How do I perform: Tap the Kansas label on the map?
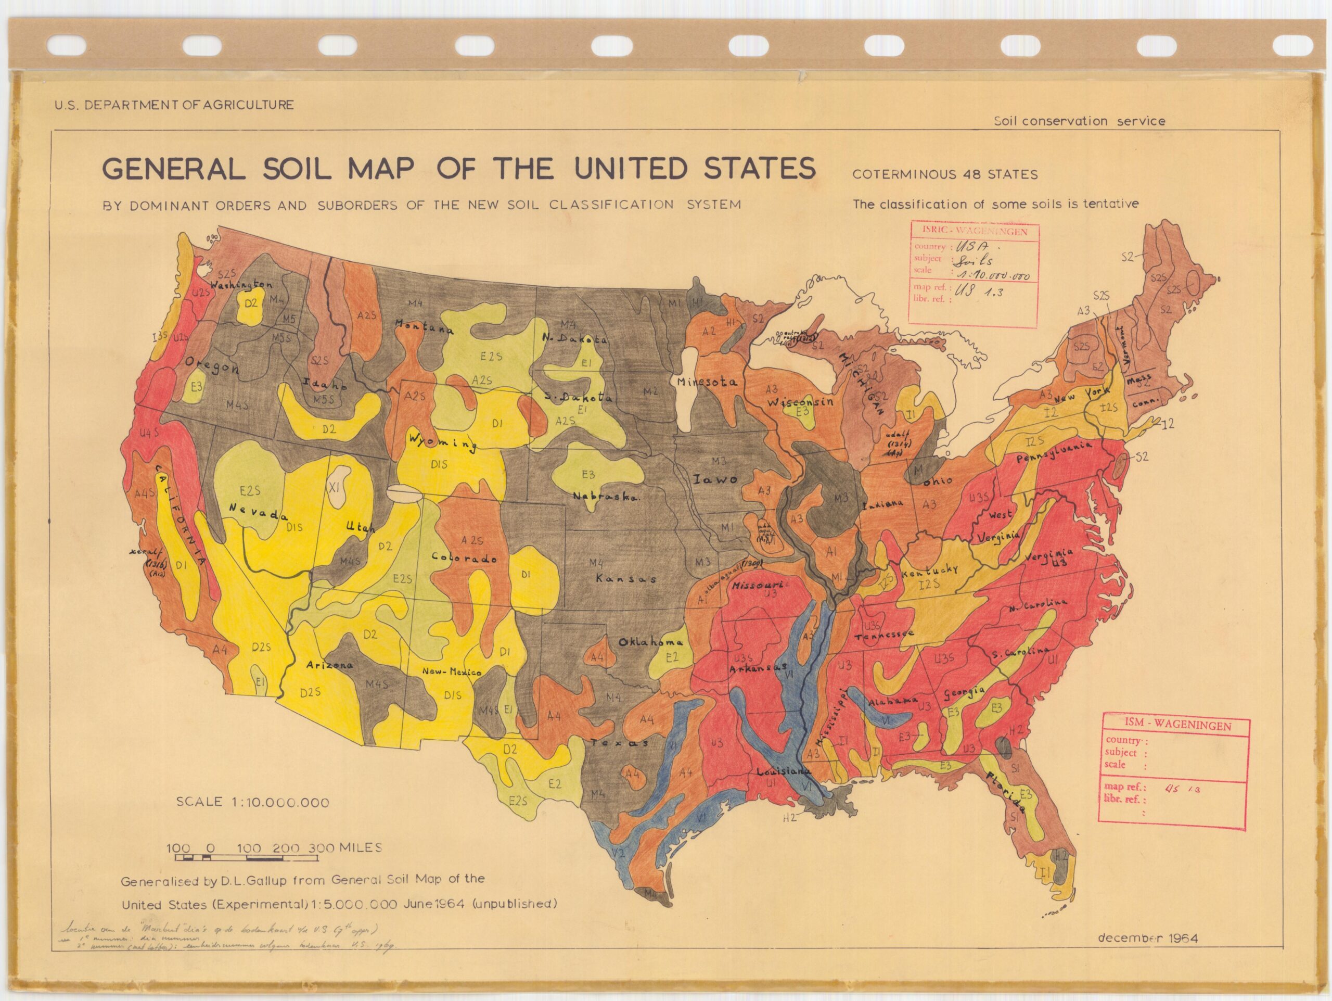(625, 578)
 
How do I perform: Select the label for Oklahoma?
(650, 642)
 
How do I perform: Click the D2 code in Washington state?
(250, 303)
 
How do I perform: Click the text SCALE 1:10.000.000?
(253, 802)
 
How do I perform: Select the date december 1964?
(1148, 938)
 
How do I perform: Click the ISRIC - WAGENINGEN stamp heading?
(975, 231)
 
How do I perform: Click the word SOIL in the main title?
(296, 169)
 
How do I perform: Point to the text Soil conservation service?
(1079, 121)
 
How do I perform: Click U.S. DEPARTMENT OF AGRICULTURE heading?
(174, 105)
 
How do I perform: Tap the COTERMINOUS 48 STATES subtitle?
(945, 175)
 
